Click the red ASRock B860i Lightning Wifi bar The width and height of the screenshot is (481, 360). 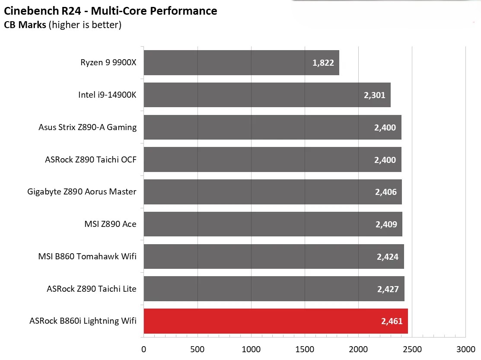coord(275,321)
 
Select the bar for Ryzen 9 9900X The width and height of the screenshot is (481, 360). coord(241,63)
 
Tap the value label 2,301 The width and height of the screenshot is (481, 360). coord(374,95)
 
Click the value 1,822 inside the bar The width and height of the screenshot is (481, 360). coord(323,63)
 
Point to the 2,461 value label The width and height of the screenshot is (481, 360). coord(392,321)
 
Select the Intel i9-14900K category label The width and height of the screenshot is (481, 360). coord(107,95)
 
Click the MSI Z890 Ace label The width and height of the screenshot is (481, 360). coord(110,224)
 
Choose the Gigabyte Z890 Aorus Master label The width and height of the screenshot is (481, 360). coord(82,191)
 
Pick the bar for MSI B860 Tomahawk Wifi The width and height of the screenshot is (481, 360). coord(274,256)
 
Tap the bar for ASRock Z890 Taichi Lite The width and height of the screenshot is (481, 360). coord(274,289)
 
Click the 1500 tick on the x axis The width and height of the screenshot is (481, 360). coord(305,349)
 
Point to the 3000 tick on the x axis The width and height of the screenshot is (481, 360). coord(465,349)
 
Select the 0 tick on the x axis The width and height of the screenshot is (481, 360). coord(143,349)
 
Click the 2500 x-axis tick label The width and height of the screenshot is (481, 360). coord(412,349)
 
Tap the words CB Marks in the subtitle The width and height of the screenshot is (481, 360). coord(25,25)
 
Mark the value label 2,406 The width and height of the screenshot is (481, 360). coord(385,192)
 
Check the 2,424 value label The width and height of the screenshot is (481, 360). coord(387,257)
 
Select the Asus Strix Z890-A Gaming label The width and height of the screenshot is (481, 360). coord(87,127)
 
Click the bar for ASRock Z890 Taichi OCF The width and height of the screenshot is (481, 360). coord(272,159)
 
